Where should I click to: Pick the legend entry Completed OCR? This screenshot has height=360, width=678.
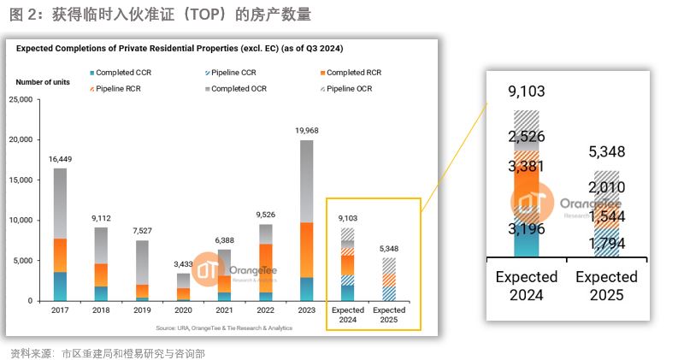[241, 87]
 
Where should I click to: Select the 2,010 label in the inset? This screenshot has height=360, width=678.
[607, 187]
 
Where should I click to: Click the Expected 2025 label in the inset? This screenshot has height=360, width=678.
[606, 286]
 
